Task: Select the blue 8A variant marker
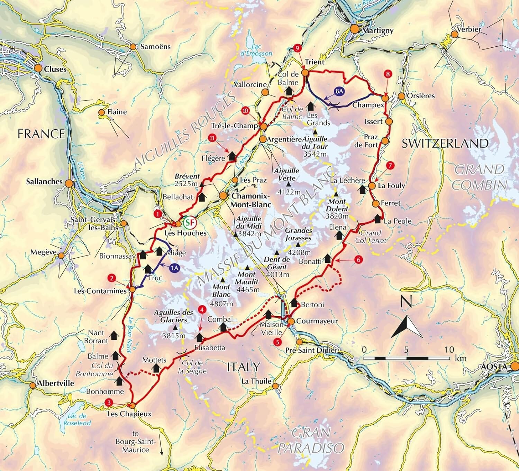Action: [x=339, y=91]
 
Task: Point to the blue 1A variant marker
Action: [x=175, y=267]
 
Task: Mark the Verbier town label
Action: [x=469, y=29]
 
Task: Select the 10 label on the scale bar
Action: [x=449, y=350]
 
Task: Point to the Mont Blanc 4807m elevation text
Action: [x=221, y=304]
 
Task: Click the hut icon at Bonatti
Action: [x=327, y=258]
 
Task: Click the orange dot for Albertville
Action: [x=33, y=385]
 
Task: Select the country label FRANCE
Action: [x=41, y=134]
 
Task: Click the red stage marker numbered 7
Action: [x=390, y=166]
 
